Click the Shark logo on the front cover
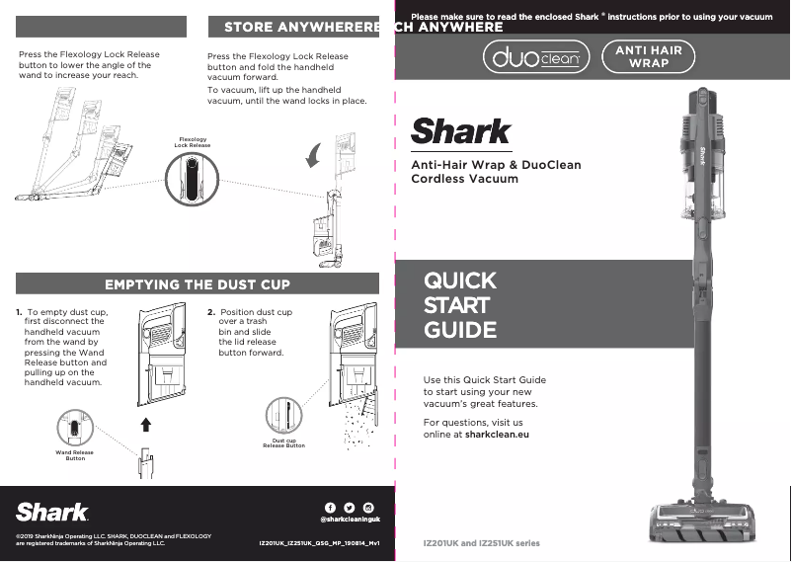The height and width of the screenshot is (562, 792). tap(460, 131)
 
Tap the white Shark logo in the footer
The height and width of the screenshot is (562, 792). tap(51, 511)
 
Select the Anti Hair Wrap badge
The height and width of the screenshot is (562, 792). tap(649, 56)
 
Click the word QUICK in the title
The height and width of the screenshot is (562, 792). tap(459, 280)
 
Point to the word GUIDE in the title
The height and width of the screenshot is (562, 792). tap(459, 330)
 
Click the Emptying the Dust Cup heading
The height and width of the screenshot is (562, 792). tap(198, 284)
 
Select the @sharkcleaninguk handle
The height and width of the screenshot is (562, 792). tap(350, 520)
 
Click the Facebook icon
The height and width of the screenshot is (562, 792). tap(330, 508)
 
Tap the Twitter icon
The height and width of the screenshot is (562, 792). tap(349, 508)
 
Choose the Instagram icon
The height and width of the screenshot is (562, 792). tap(367, 508)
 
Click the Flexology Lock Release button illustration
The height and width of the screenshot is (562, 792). tap(193, 180)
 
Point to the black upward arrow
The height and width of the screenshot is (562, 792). tap(146, 425)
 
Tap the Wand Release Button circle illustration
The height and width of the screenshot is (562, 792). tap(75, 429)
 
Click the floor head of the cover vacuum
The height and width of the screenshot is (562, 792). tap(690, 521)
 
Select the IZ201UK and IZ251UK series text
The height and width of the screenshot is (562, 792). tap(481, 543)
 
